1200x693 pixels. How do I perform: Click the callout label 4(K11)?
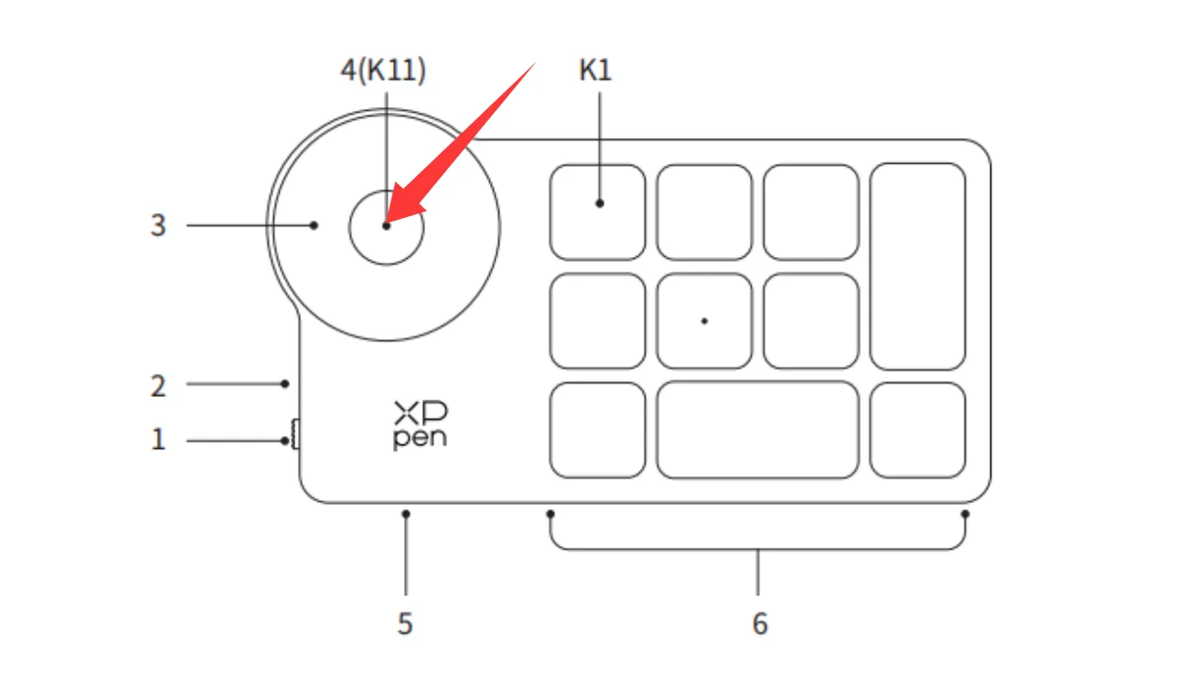click(x=383, y=70)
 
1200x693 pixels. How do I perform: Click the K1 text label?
click(x=594, y=70)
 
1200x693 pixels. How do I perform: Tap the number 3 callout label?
click(x=158, y=225)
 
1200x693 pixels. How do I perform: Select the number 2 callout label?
click(x=158, y=386)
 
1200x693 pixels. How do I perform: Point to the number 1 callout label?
click(x=158, y=440)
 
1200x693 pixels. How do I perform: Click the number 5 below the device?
click(x=405, y=624)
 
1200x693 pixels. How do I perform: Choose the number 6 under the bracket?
click(x=759, y=624)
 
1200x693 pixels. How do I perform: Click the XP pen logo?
click(x=420, y=426)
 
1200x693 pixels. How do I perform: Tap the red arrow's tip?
click(x=386, y=223)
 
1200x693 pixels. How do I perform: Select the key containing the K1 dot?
click(x=597, y=212)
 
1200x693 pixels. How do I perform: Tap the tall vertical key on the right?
click(x=918, y=266)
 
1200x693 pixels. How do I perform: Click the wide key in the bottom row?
click(x=757, y=430)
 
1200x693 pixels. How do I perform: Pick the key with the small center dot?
click(x=704, y=321)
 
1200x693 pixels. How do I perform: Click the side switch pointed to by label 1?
click(x=295, y=434)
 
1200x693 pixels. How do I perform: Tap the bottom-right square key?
click(x=918, y=430)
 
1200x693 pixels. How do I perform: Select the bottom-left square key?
click(x=597, y=430)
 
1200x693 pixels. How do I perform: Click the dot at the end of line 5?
click(x=406, y=514)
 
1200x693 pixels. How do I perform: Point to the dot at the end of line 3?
click(x=314, y=225)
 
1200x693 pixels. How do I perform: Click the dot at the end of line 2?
click(x=285, y=384)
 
